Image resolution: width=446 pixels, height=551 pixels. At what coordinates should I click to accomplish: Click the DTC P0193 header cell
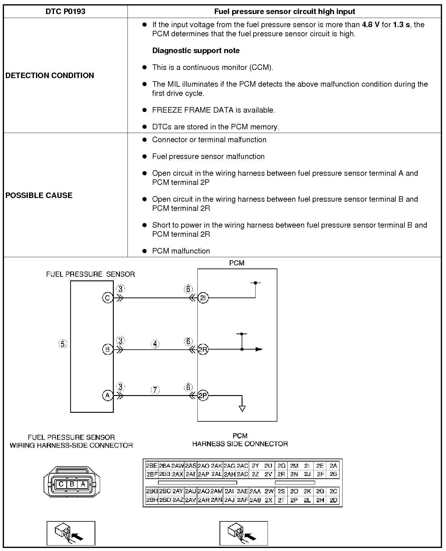[65, 12]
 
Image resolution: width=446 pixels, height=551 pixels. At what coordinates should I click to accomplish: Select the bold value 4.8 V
[371, 25]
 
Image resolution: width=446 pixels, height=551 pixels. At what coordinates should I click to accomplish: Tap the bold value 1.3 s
[401, 25]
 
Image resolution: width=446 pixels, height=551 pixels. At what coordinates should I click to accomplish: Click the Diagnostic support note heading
[196, 51]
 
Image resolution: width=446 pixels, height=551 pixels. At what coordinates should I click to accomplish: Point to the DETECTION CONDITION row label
[50, 75]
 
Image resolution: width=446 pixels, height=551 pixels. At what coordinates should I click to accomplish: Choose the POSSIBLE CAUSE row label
[39, 195]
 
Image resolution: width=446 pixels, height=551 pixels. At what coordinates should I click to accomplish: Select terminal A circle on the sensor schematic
[107, 395]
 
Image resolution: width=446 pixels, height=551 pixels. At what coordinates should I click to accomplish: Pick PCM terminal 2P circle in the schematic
[203, 396]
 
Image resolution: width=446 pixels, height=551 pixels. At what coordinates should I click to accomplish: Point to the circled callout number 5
[63, 344]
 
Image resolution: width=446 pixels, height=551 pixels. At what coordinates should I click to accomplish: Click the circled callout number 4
[155, 344]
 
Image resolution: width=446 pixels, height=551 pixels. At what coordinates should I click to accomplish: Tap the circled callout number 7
[155, 390]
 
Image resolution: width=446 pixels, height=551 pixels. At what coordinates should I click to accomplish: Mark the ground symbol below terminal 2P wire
[242, 409]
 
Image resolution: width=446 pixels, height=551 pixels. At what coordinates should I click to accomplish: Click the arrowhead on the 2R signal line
[259, 349]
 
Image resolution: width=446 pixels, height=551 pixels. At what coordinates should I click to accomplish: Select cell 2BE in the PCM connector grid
[152, 466]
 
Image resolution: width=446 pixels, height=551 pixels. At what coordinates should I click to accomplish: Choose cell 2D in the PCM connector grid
[333, 500]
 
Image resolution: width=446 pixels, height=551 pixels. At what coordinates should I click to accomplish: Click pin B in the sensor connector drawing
[72, 484]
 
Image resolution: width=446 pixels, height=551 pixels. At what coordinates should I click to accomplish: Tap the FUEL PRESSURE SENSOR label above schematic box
[90, 274]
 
